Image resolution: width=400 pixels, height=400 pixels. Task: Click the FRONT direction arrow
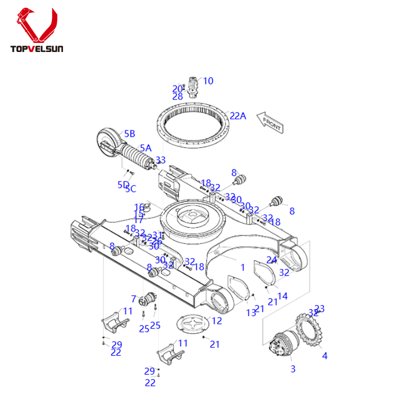pos(270,121)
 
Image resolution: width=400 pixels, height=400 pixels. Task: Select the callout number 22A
pos(238,116)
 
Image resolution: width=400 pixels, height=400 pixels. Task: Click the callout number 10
pos(208,80)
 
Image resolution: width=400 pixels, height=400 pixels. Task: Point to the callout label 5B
pos(129,133)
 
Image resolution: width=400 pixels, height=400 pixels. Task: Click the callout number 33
pos(160,160)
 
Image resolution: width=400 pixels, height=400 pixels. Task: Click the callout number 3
pos(293,369)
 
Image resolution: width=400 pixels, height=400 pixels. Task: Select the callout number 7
pos(133,299)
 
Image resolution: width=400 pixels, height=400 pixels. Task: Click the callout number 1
pos(243,267)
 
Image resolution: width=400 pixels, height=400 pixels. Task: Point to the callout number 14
pos(282,296)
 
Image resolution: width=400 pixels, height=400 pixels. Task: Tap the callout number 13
pos(250,313)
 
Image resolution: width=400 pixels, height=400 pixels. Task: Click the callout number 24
pos(271,259)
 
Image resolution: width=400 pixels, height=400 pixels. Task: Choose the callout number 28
pos(177,97)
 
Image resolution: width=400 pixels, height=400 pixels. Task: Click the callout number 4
pos(324,356)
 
